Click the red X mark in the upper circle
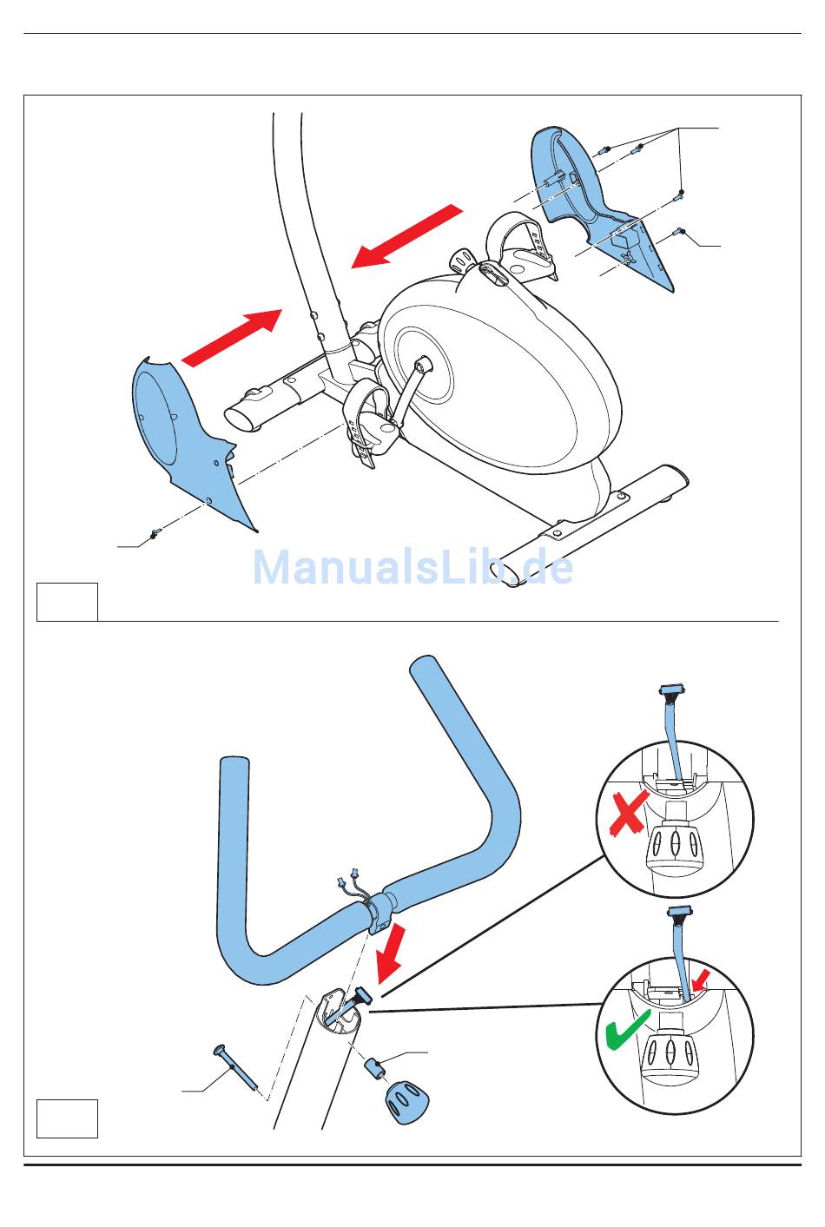click(x=630, y=814)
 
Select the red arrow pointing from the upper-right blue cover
click(x=406, y=236)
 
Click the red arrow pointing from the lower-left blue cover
click(x=232, y=338)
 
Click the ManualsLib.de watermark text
click(x=413, y=568)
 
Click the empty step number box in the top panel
click(x=68, y=602)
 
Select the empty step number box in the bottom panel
click(x=68, y=1118)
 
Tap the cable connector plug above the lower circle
click(x=680, y=912)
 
